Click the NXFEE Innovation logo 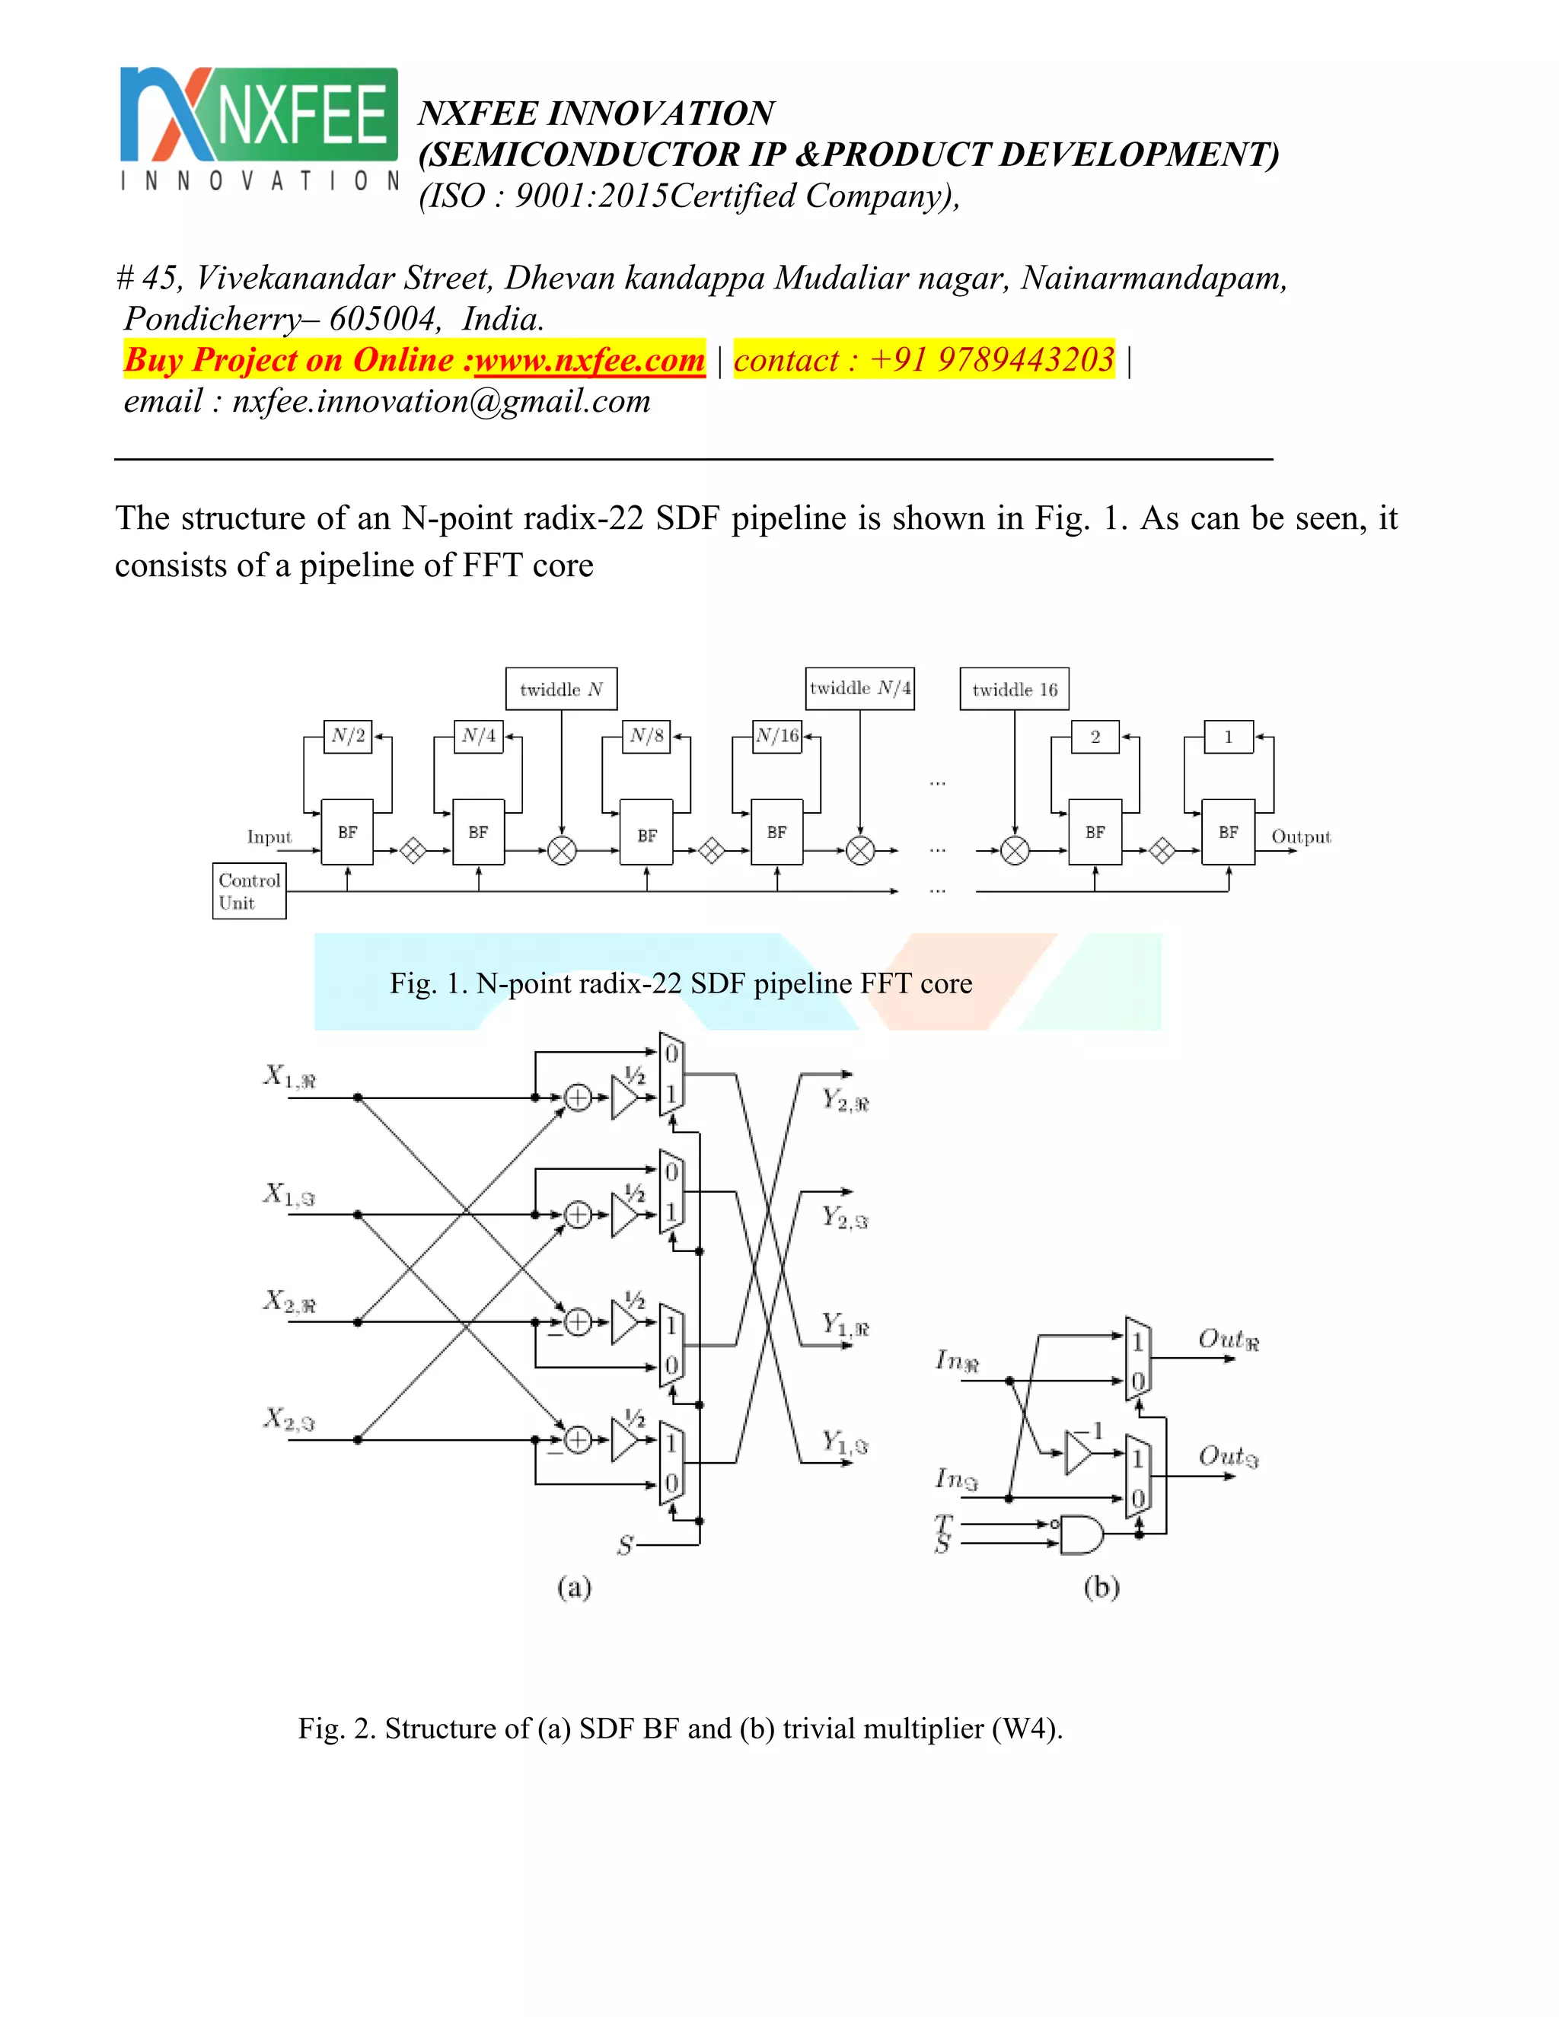(259, 129)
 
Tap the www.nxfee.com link (589, 360)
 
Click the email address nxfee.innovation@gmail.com (441, 401)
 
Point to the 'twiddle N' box (560, 689)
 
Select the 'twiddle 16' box (1014, 689)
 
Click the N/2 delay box (348, 736)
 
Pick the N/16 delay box (776, 736)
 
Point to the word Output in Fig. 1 (1300, 836)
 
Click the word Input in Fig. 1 (269, 836)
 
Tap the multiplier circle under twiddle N (562, 849)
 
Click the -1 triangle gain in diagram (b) (1078, 1453)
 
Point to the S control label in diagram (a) (625, 1545)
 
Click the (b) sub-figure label (1101, 1587)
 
